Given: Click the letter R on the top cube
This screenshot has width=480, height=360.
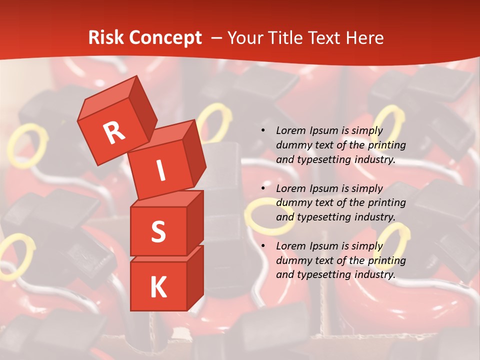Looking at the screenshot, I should pyautogui.click(x=114, y=132).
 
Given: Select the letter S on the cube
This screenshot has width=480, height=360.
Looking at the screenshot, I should pyautogui.click(x=158, y=232).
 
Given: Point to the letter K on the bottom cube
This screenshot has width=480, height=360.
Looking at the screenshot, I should pyautogui.click(x=158, y=287).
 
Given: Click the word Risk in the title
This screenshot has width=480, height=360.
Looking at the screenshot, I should pyautogui.click(x=105, y=38).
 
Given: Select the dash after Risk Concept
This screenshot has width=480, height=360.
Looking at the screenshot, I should pyautogui.click(x=217, y=38).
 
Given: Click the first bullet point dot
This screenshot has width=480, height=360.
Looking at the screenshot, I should pyautogui.click(x=263, y=131).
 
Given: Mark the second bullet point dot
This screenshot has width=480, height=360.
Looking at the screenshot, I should pyautogui.click(x=263, y=188).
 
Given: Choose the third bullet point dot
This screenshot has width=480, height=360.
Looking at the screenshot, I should pyautogui.click(x=263, y=246).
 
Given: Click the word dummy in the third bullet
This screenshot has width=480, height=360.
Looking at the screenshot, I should pyautogui.click(x=292, y=260).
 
